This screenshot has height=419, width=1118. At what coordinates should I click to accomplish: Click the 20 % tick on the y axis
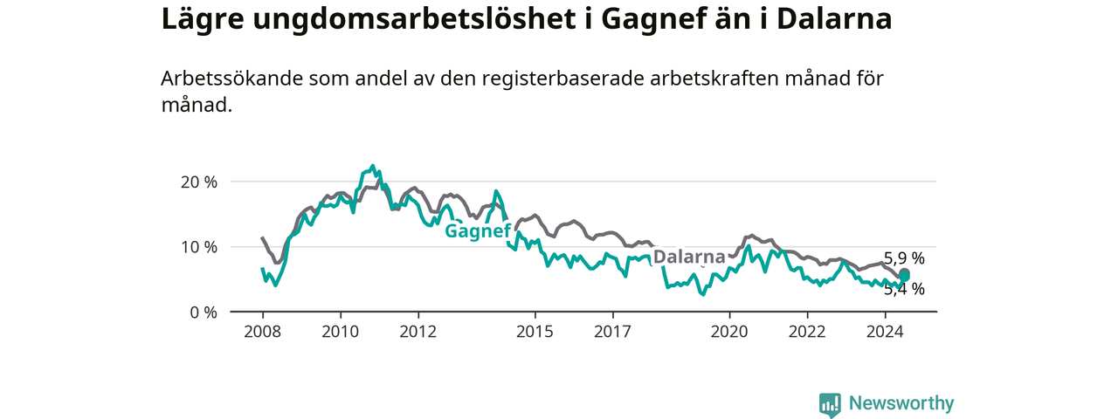point(198,182)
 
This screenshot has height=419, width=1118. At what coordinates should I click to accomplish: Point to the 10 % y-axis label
point(198,247)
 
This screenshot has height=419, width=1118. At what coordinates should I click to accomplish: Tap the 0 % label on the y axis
point(204,313)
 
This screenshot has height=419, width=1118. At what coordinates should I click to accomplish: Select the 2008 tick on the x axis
point(263,332)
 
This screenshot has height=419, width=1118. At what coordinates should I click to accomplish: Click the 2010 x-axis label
point(341,332)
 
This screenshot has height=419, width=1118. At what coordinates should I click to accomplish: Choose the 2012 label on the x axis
point(418,332)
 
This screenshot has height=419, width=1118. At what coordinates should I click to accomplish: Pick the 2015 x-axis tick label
point(535,332)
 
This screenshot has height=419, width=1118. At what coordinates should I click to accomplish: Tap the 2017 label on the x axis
point(613,332)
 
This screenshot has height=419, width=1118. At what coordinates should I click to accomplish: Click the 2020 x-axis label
point(729,332)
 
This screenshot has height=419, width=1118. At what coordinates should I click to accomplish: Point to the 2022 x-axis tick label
point(808,332)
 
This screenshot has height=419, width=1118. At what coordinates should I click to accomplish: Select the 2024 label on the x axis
point(886,332)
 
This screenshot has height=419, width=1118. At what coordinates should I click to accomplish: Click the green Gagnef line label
point(478,231)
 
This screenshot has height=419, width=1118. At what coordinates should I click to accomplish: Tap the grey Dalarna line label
point(689,257)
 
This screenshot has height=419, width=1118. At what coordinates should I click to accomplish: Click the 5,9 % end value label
point(904,258)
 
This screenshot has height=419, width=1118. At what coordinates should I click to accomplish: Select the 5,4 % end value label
point(904,289)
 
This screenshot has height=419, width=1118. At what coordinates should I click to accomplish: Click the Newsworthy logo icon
point(830,404)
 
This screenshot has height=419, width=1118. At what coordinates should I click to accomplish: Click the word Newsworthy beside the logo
point(901,402)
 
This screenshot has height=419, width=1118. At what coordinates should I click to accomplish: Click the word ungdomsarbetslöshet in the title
point(414,19)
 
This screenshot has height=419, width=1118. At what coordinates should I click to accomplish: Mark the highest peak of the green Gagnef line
point(372,166)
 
